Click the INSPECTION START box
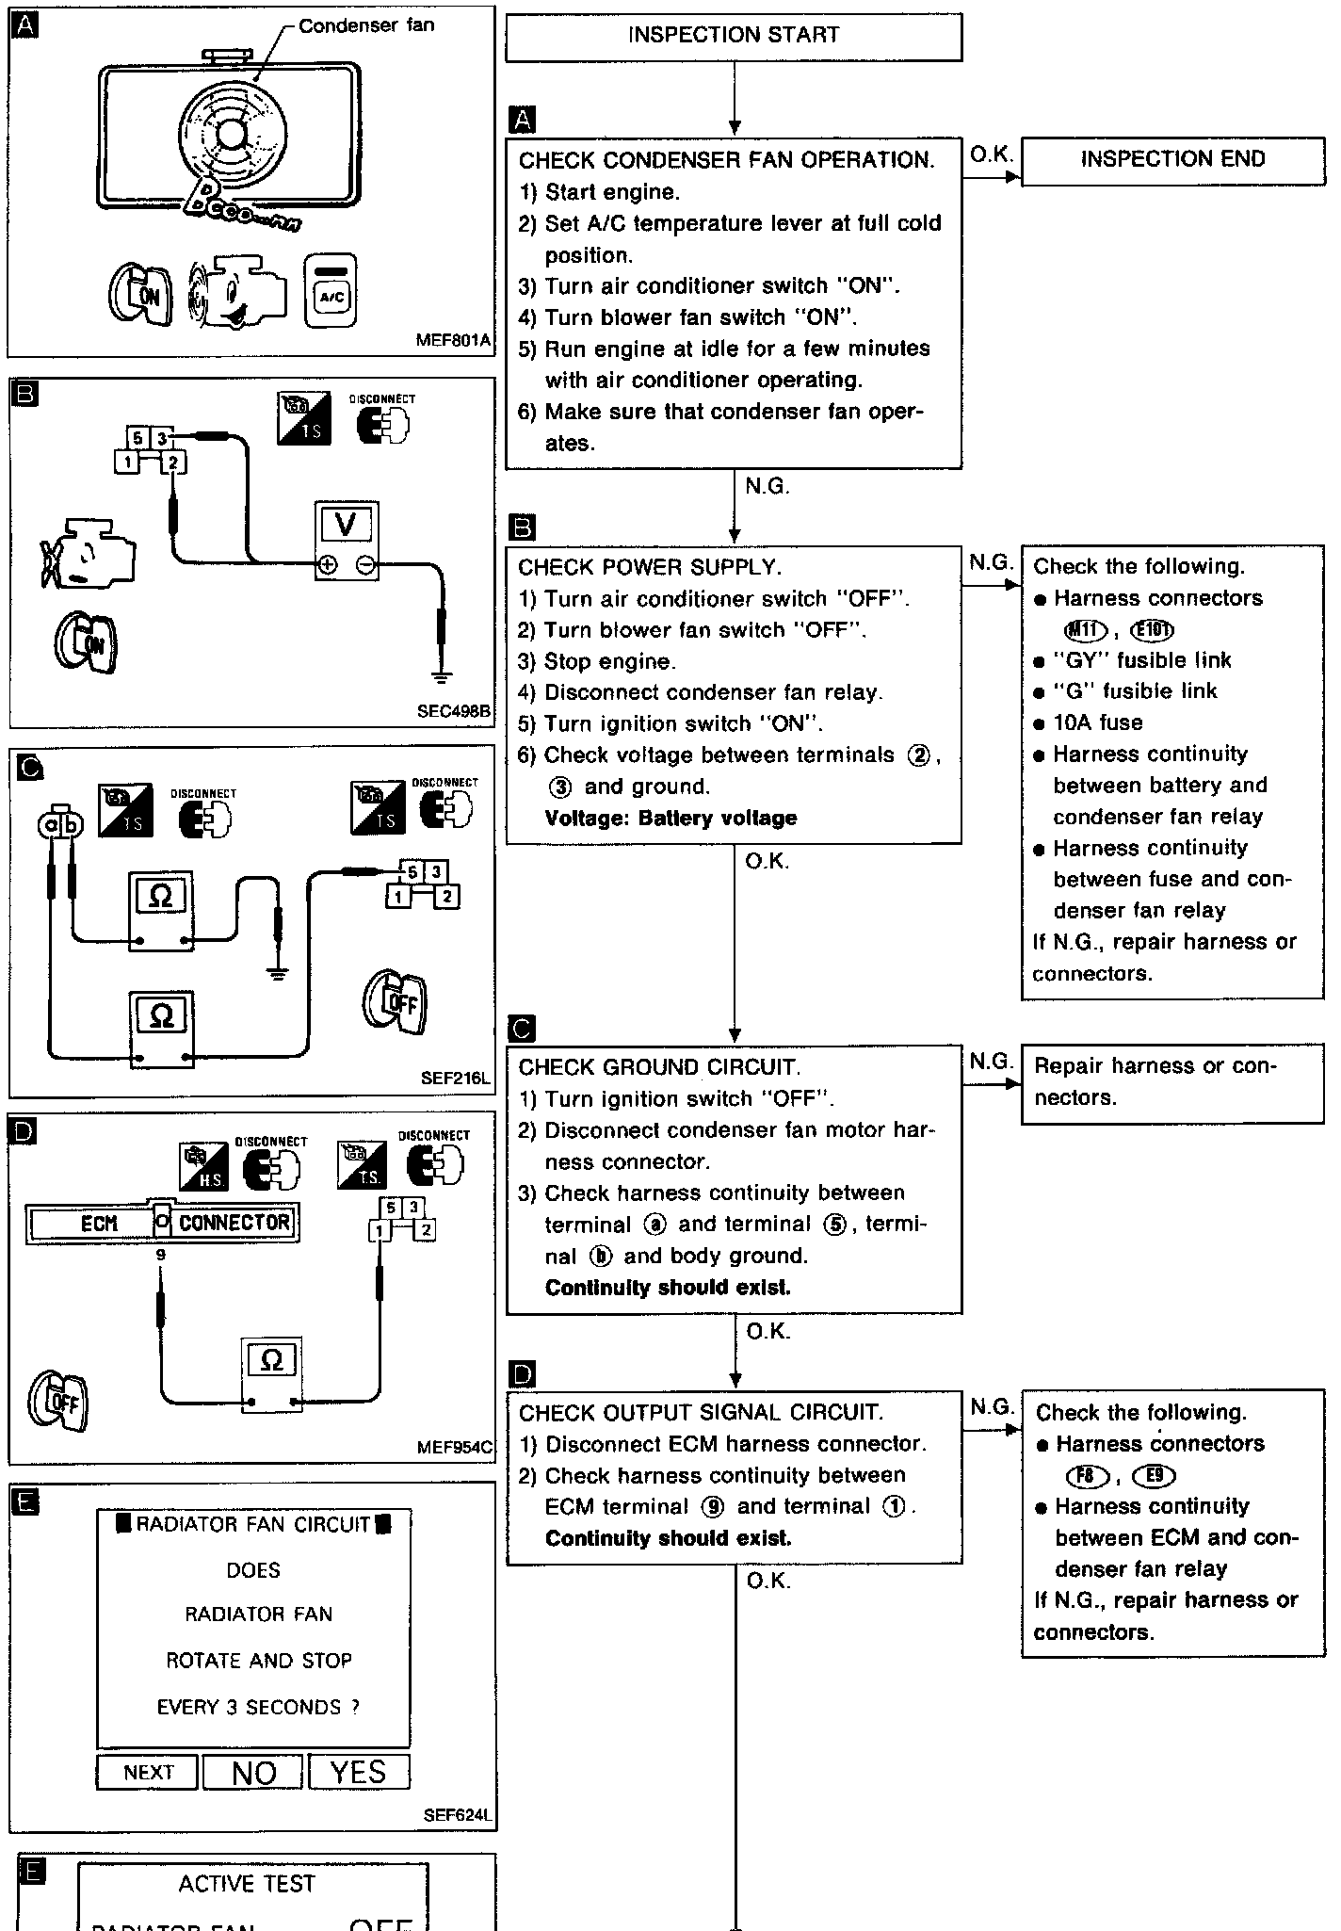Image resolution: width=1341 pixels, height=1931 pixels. (733, 36)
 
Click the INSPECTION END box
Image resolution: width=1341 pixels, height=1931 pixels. (1171, 159)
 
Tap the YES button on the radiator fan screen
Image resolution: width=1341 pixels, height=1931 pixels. (359, 1772)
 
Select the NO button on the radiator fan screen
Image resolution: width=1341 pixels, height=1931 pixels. (253, 1772)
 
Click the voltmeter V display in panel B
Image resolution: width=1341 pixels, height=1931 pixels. (346, 525)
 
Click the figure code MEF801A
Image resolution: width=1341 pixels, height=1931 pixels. (453, 341)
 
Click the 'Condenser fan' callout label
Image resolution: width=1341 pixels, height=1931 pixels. (366, 25)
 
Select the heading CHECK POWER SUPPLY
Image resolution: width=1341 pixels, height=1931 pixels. (650, 567)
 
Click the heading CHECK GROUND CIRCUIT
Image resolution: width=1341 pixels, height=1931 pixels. (659, 1067)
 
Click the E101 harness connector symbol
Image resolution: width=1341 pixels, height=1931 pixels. (1151, 630)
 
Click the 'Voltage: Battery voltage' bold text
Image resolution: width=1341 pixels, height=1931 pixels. (670, 818)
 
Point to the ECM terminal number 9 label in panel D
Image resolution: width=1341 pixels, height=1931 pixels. (161, 1256)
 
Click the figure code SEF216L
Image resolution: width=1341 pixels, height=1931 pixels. (456, 1079)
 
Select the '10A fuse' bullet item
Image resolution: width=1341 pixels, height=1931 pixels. (1097, 722)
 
